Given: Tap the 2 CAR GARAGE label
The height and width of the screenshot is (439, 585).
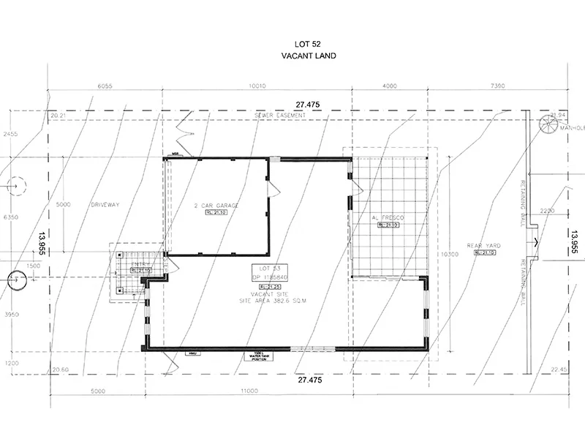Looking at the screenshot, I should point(216,206).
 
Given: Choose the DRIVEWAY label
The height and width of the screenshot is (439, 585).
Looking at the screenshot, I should point(105,206).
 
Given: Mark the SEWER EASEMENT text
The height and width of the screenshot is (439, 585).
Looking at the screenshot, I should point(279,116).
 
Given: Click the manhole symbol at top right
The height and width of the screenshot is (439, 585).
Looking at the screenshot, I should point(548,126).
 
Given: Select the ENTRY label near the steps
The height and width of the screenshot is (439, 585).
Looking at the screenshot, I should point(140,264).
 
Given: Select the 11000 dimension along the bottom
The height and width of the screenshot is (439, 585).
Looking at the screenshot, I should point(250,391).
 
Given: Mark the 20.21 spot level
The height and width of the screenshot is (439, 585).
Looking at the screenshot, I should point(58,116).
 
